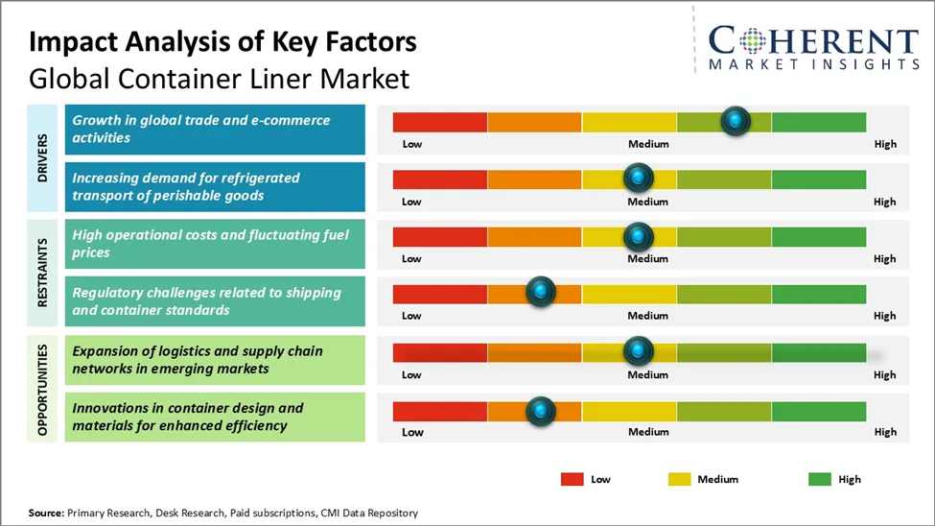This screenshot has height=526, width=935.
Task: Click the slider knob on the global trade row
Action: (736, 121)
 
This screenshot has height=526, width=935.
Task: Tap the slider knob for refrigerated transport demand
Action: (638, 178)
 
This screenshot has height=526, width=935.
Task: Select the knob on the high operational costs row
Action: (638, 236)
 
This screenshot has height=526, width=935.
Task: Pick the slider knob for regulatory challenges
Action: (541, 293)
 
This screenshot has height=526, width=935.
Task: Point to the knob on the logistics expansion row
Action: (638, 351)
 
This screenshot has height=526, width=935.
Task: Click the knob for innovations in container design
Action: (541, 411)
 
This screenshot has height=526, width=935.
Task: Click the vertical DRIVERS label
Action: (43, 157)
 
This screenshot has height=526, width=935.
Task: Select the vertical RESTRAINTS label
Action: (43, 273)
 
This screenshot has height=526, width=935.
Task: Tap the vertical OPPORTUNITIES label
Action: (43, 388)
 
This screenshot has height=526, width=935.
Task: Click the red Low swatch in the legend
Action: (573, 479)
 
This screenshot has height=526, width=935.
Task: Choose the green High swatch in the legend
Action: (820, 479)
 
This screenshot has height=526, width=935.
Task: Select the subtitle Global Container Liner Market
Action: (219, 78)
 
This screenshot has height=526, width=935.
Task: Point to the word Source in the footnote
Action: (45, 514)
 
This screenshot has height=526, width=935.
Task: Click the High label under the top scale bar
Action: (884, 144)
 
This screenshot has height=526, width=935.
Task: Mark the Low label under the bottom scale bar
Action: (412, 432)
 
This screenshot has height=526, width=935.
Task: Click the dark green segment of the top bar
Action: (818, 122)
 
